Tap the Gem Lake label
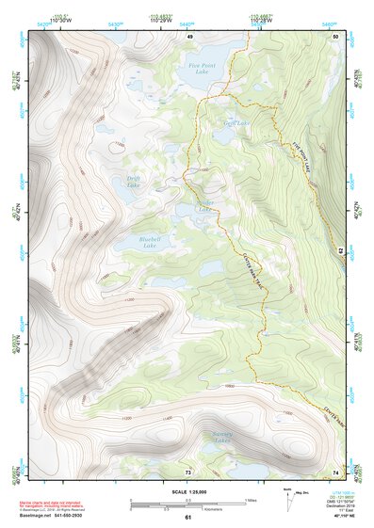pos(236,123)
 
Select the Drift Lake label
pos(138,182)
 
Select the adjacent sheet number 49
pos(188,36)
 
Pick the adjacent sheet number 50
pos(335,36)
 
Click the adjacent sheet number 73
pos(188,471)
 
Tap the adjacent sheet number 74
pos(335,471)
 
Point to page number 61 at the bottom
pos(188,517)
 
